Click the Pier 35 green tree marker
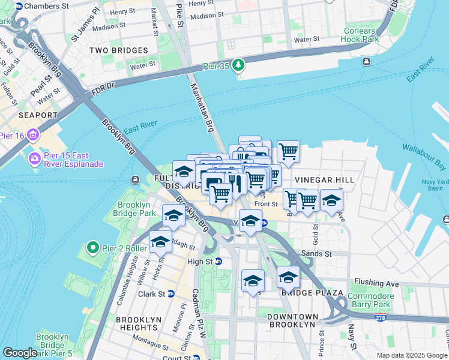tap(239, 65)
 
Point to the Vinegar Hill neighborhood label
tap(324, 180)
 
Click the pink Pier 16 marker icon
tap(33, 135)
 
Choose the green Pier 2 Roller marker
tap(92, 247)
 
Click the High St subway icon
tap(218, 261)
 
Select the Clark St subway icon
tap(171, 294)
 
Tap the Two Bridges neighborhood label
tap(113, 50)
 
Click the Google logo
tap(20, 353)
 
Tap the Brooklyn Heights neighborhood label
tap(137, 323)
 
